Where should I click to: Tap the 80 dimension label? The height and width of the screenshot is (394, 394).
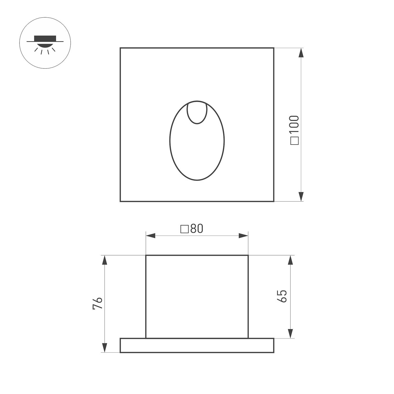[x=197, y=229]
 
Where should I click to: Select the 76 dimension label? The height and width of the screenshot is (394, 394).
[x=97, y=303]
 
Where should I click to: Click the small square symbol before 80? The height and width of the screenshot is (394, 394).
[x=184, y=229]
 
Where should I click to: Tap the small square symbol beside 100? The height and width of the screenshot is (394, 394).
[x=295, y=141]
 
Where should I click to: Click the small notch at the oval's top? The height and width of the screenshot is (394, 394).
[x=197, y=113]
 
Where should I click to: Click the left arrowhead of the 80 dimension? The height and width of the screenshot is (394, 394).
[x=151, y=236]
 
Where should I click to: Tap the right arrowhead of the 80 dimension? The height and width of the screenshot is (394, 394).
[x=243, y=236]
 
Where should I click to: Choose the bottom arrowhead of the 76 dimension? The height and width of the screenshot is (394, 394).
[x=105, y=348]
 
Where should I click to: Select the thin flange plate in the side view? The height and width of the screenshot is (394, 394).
[x=197, y=345]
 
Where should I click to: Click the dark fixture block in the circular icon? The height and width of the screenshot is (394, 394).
[x=45, y=38]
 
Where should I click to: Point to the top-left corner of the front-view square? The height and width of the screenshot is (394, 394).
[x=120, y=48]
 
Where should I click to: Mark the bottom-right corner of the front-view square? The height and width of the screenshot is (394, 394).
[x=274, y=201]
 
